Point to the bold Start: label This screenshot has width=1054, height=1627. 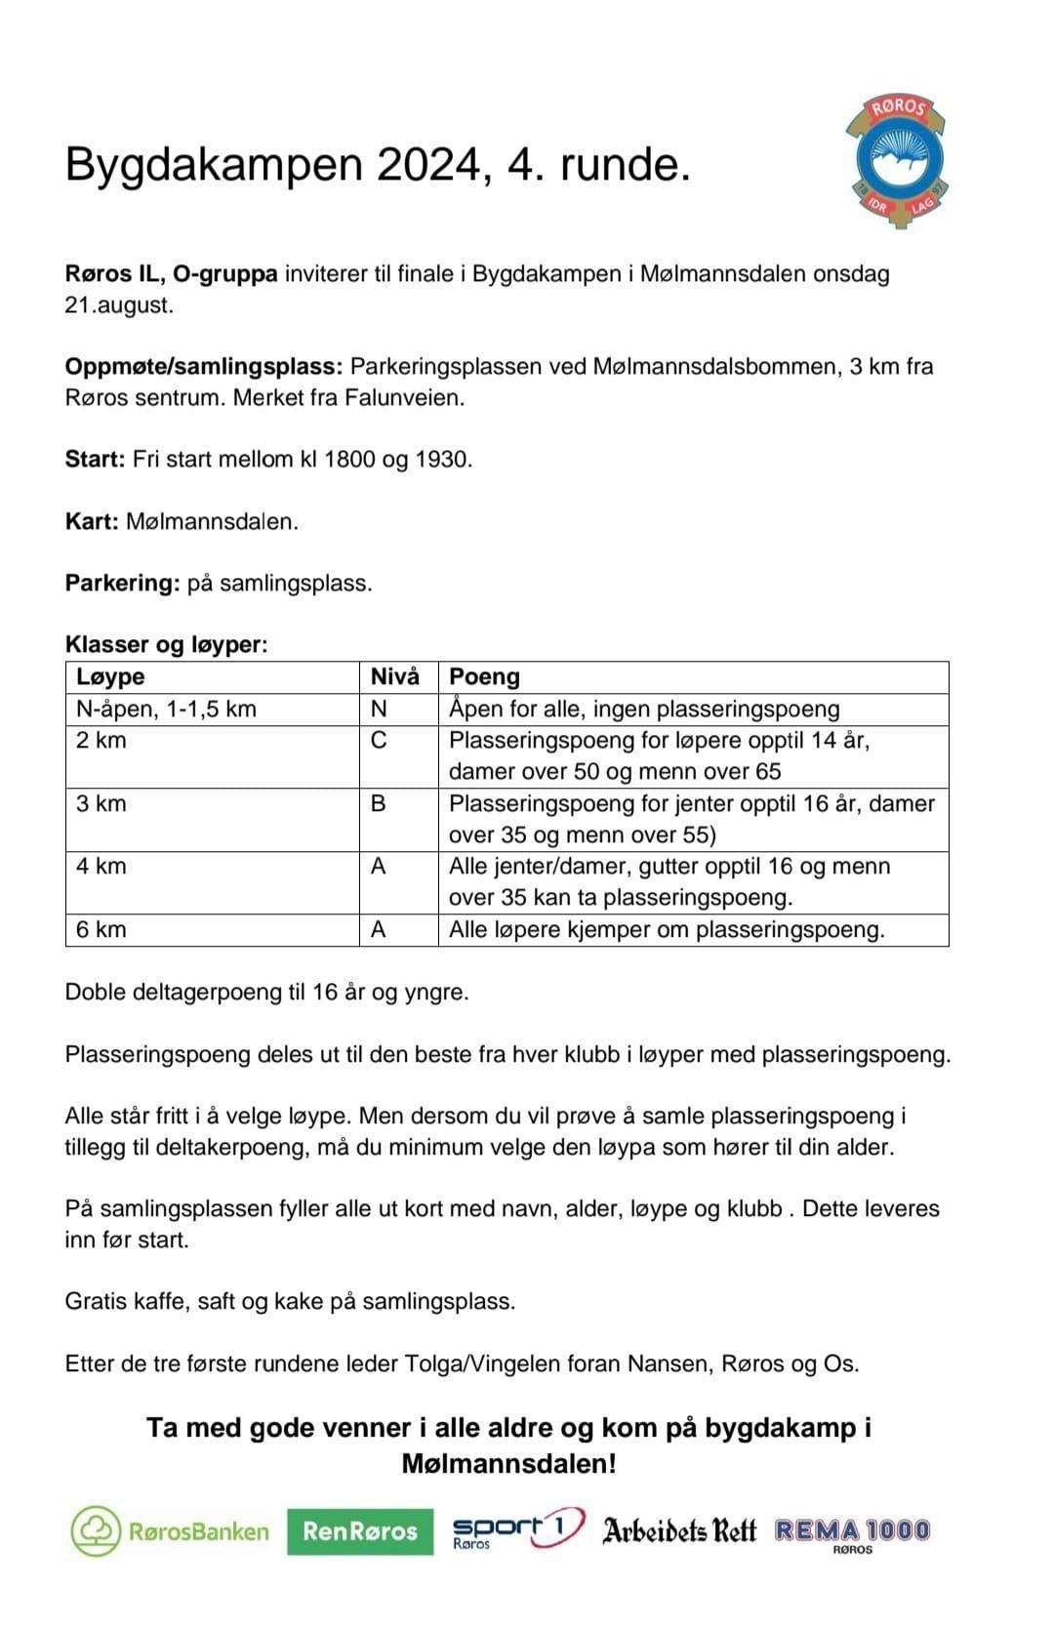click(x=95, y=460)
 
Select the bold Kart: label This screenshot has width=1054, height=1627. click(x=92, y=521)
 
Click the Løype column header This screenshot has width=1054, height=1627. click(x=110, y=677)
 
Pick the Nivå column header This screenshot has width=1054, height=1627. click(x=395, y=677)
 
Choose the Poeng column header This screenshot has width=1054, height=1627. click(x=484, y=677)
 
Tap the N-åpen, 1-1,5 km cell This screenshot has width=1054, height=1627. click(x=166, y=710)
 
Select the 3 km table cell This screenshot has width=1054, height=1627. click(x=101, y=804)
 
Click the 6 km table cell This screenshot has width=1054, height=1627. click(x=101, y=930)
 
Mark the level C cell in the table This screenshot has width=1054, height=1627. click(x=379, y=741)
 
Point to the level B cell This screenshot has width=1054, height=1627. click(x=379, y=804)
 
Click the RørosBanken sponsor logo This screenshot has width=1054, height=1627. click(x=170, y=1530)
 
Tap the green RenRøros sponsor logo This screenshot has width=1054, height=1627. click(x=360, y=1531)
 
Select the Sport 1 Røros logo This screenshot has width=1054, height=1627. click(x=517, y=1529)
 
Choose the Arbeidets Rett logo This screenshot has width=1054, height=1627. click(x=679, y=1530)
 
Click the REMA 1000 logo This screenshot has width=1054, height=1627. click(x=852, y=1532)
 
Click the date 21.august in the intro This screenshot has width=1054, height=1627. click(x=119, y=305)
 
